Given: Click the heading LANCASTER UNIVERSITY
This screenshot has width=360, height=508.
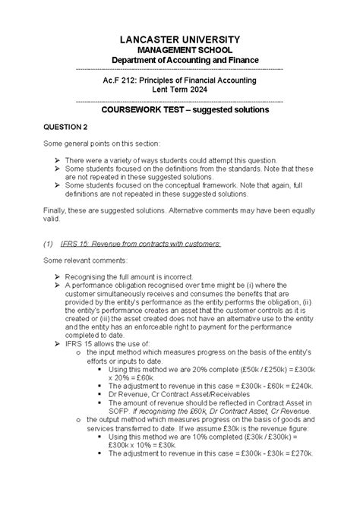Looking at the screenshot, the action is point(180,39).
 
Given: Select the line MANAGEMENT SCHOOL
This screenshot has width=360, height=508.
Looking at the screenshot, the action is point(180,49).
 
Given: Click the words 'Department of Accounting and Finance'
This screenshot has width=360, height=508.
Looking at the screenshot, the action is point(180,60).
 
